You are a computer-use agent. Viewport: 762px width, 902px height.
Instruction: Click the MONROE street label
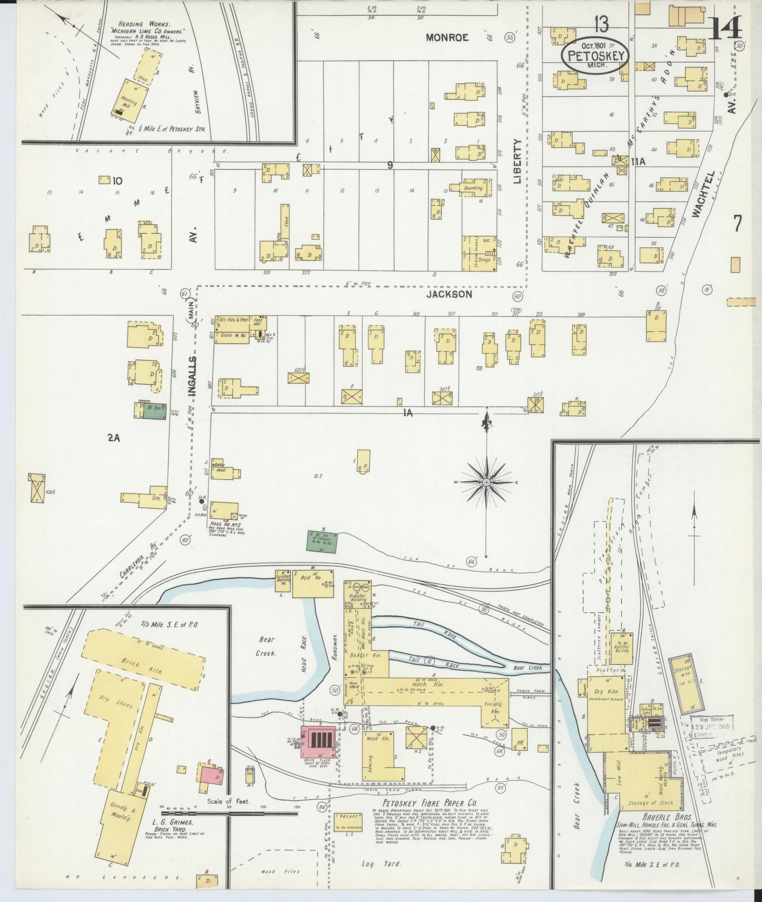click(447, 37)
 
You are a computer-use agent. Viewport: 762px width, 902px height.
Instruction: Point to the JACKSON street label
click(448, 294)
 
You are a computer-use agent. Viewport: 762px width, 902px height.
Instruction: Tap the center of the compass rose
click(487, 482)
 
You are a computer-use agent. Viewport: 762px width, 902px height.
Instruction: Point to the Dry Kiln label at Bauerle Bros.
click(609, 691)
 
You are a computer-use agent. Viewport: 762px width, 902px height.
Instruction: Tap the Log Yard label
click(381, 864)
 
